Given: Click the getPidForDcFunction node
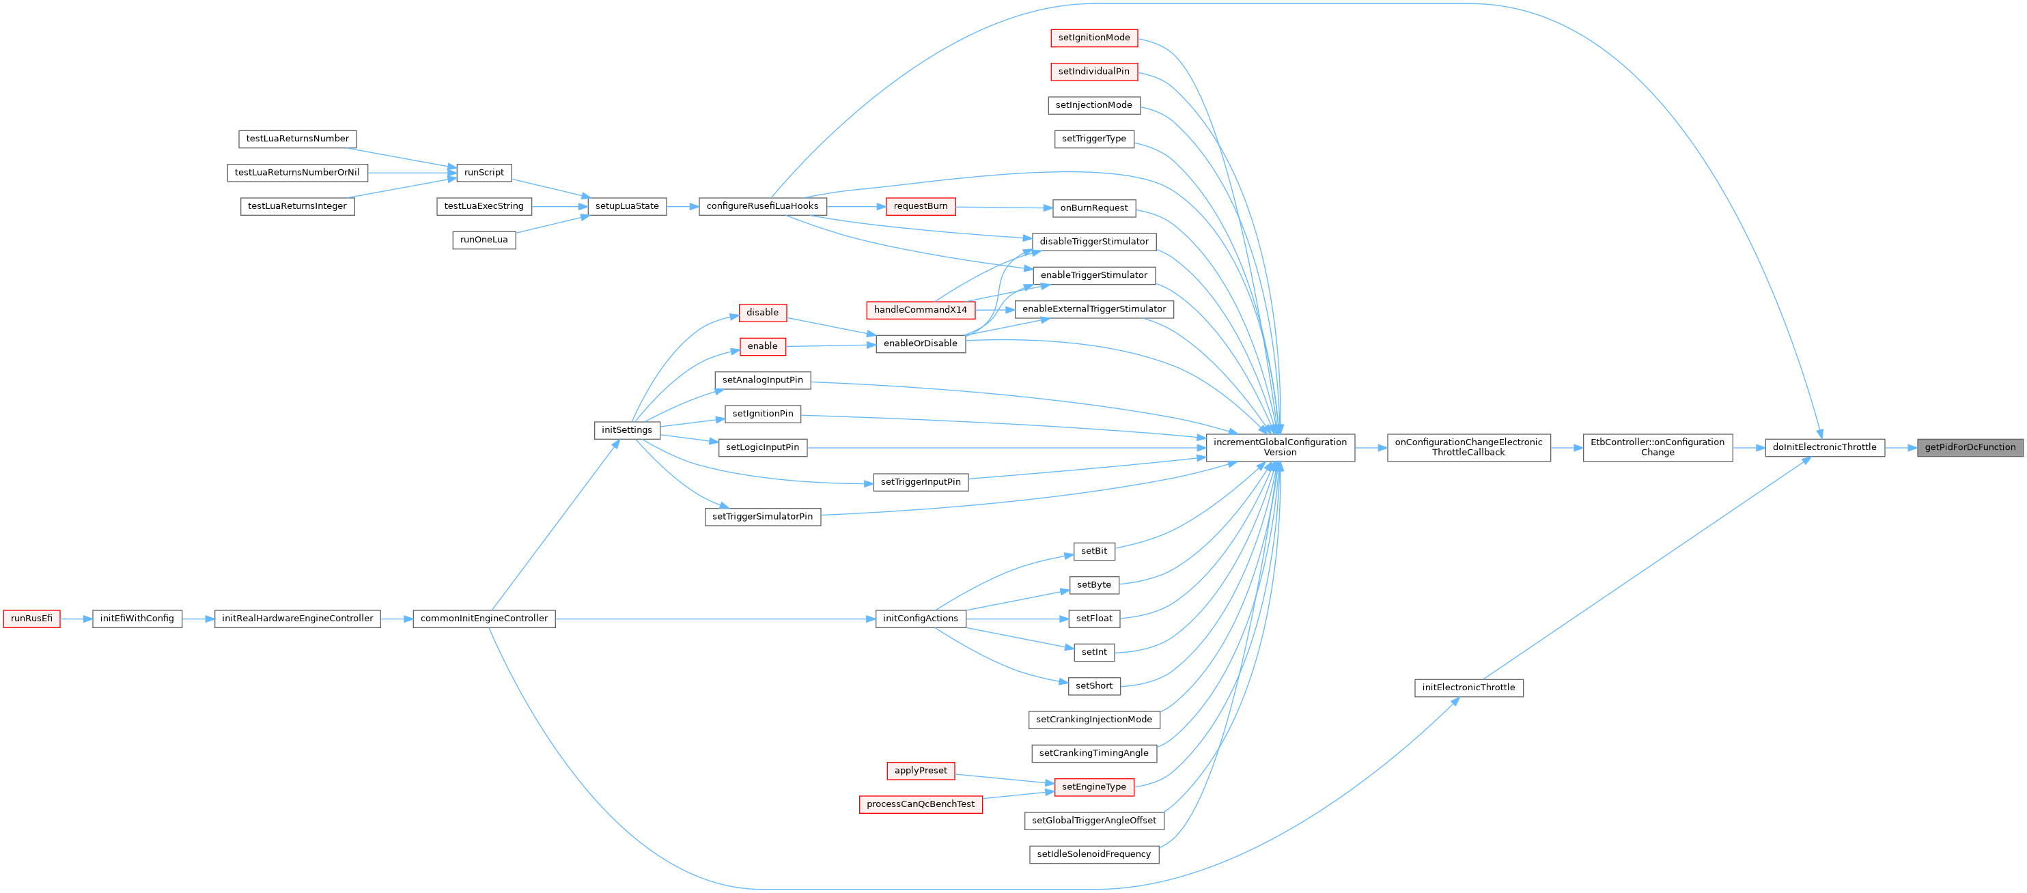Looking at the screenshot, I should coord(1970,448).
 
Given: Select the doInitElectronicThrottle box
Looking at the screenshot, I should coord(1824,448).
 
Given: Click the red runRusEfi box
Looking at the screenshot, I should coord(31,619).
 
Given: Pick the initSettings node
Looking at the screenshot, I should coord(626,430).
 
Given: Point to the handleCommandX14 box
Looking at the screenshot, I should coord(920,310).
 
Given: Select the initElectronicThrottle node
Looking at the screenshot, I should coord(1468,688).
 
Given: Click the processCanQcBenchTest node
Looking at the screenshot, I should coord(920,804).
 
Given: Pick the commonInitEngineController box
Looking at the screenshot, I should coord(483,619).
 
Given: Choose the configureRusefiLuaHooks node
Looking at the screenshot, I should coord(761,206).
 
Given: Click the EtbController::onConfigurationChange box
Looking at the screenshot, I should coord(1657,448).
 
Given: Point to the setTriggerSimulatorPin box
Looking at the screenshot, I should coord(761,517).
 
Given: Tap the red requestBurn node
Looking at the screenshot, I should coord(920,206).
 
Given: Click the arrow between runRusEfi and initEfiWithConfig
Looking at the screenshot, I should coord(76,619).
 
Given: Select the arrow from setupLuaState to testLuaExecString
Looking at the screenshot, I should coord(559,207).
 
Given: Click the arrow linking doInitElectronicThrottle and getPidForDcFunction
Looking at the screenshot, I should coord(1900,448).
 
